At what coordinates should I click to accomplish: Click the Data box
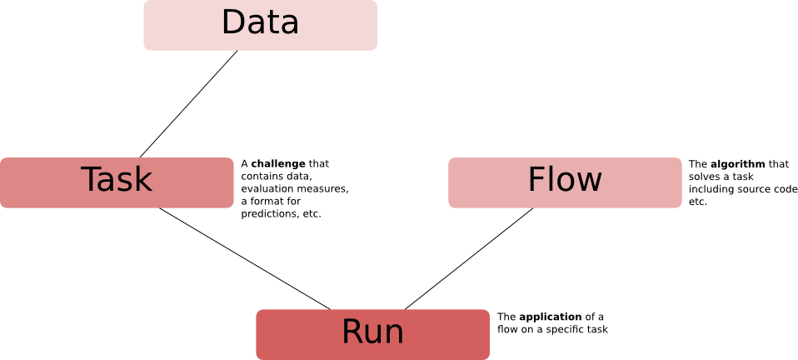260,25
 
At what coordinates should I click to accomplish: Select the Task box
117,182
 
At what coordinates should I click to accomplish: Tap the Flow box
565,182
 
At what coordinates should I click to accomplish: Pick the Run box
372,333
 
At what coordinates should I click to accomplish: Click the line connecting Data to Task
189,103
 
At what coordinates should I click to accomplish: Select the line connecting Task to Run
245,258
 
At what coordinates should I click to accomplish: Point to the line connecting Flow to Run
469,258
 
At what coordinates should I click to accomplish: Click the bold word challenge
278,164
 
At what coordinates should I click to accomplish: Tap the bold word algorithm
737,164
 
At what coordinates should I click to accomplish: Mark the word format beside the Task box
267,202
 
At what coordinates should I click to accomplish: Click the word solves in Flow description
702,177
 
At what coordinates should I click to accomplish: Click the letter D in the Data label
235,23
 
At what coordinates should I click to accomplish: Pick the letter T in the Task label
92,180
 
